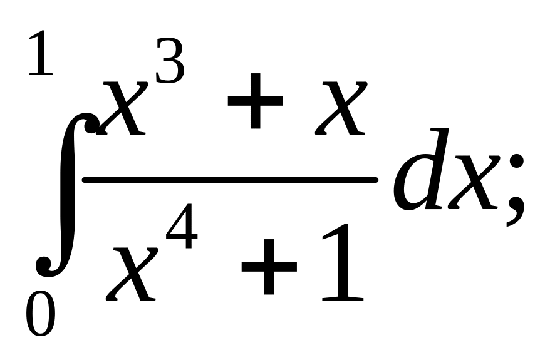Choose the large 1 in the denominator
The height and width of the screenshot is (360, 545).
click(x=342, y=263)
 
